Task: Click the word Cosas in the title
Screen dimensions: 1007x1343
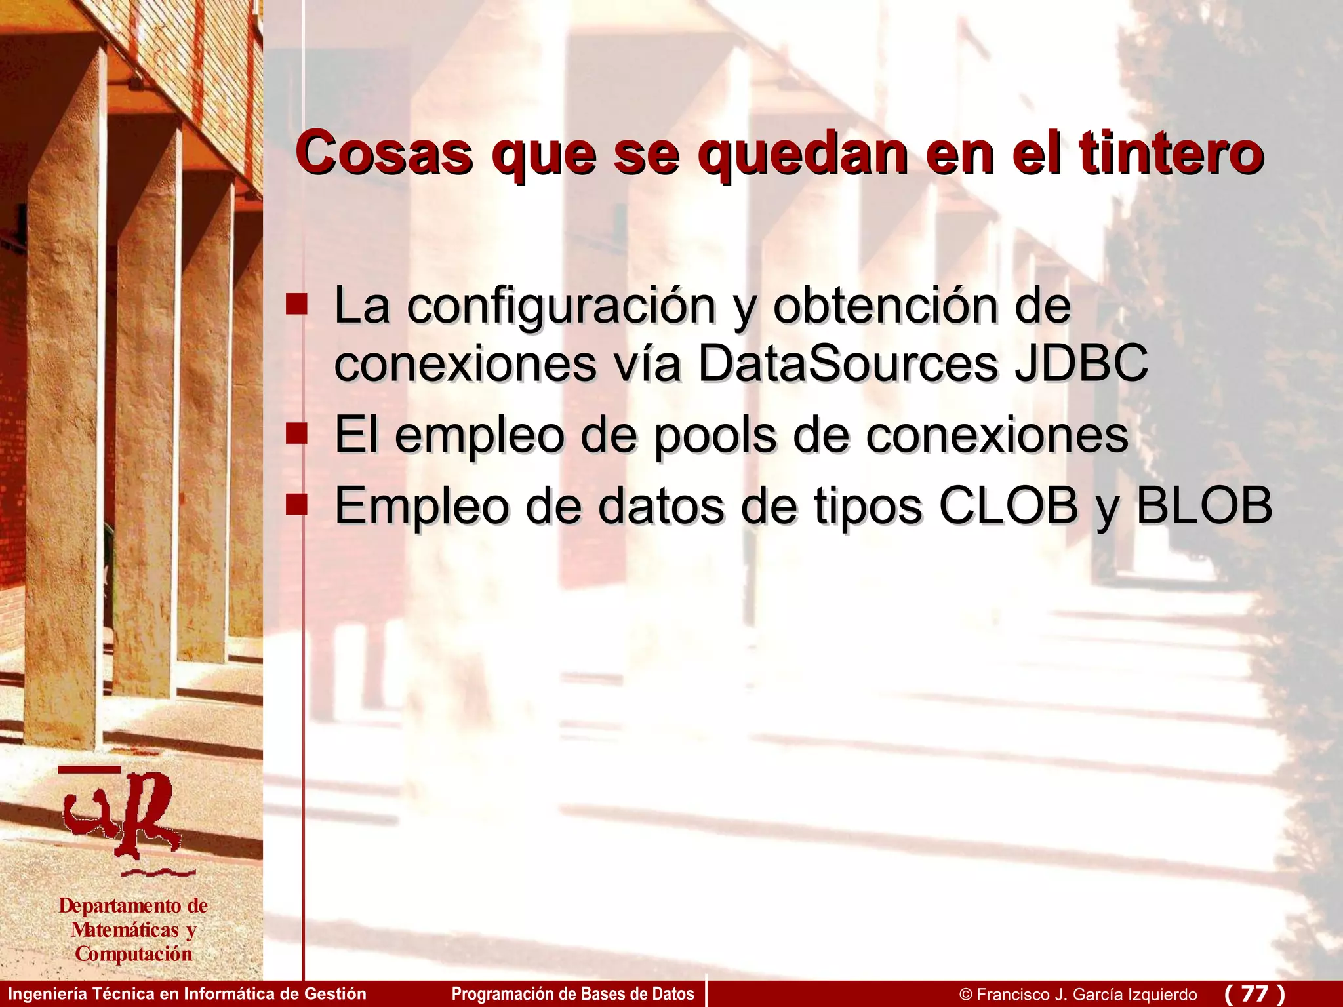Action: coord(384,153)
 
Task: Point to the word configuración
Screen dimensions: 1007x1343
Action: coord(561,306)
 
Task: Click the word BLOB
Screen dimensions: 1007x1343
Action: coord(1204,505)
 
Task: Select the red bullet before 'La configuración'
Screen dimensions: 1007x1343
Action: coord(296,304)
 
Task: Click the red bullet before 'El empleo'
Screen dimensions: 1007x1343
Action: coord(296,433)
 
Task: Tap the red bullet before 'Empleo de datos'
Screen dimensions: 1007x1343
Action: coord(296,504)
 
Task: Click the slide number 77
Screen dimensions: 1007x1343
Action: coord(1254,993)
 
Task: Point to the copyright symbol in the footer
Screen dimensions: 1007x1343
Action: coord(965,995)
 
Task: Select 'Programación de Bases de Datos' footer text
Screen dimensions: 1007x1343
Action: coord(572,994)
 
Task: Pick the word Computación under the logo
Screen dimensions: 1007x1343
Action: coord(134,954)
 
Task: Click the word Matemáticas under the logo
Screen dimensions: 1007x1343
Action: coord(125,930)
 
